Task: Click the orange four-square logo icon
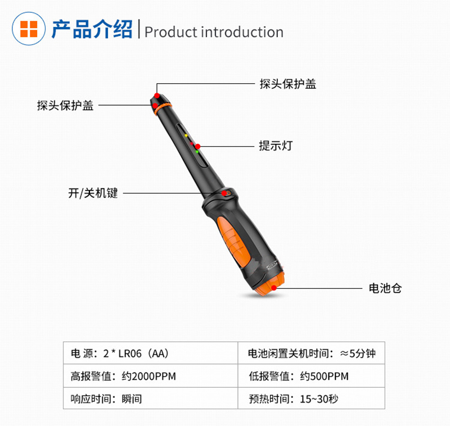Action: coord(29,29)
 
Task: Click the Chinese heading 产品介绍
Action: coord(92,29)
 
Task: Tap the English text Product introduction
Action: coord(214,32)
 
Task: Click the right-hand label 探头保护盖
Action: coord(288,84)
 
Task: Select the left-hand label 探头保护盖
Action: coord(65,105)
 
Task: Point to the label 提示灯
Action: coord(276,146)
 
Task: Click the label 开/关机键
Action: coord(93,193)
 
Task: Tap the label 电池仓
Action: coord(385,288)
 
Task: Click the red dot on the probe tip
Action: coord(157,95)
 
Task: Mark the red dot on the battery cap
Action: coord(274,288)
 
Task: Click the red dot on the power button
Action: coord(224,193)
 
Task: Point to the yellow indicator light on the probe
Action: coord(186,135)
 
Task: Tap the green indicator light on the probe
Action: coord(197,151)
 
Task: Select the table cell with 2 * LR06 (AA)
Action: coord(151,353)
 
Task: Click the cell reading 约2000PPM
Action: coord(151,376)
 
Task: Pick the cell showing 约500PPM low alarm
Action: coord(312,376)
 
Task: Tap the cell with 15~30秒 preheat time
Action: coord(312,398)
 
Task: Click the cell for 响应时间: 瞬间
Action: coord(151,398)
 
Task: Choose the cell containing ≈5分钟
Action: coord(312,353)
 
